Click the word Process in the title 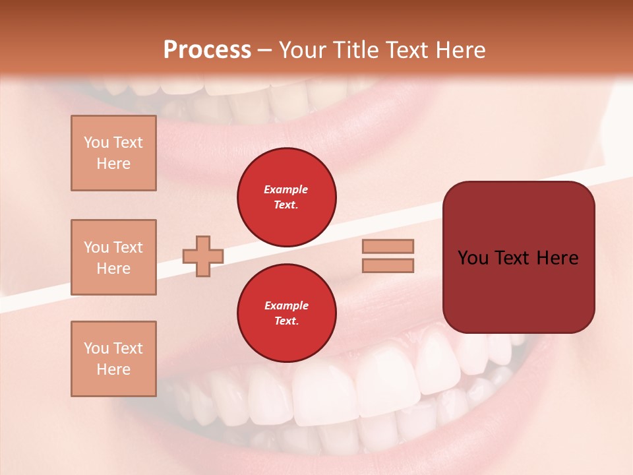tap(207, 50)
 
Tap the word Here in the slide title tap(462, 50)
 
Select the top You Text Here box tap(113, 153)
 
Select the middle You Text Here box tap(113, 257)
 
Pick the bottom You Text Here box tap(113, 359)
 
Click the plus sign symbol tap(202, 256)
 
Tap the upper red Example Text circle tap(286, 197)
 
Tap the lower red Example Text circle tap(286, 313)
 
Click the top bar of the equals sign tap(388, 247)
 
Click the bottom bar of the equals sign tap(388, 266)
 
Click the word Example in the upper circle tap(286, 190)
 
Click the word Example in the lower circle tap(286, 306)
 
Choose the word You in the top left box tap(96, 142)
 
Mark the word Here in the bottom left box tap(113, 369)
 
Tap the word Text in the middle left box tap(128, 247)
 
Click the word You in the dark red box tap(473, 258)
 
